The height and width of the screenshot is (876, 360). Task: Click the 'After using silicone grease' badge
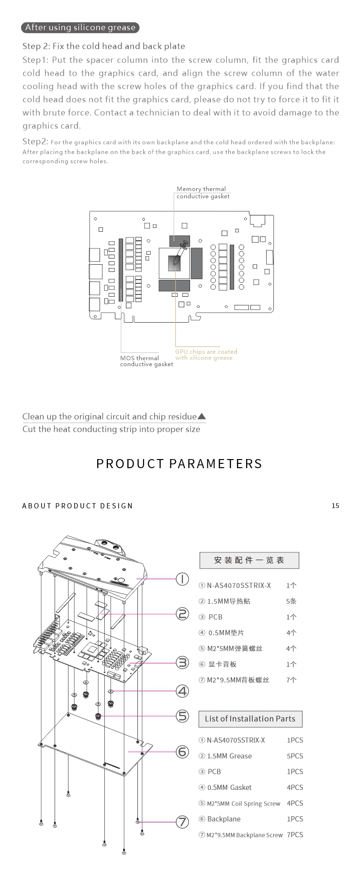(x=80, y=27)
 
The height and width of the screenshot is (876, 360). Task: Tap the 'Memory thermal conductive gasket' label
(x=203, y=192)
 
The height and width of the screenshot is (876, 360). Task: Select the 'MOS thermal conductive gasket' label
(x=146, y=361)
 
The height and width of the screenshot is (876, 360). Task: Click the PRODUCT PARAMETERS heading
(x=180, y=464)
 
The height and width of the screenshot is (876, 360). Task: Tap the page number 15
(x=335, y=505)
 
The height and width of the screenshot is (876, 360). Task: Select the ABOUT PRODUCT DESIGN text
(x=78, y=506)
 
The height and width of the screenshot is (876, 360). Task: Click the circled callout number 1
(x=182, y=579)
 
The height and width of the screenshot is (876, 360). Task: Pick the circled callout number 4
(x=182, y=691)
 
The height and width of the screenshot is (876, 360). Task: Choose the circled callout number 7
(x=182, y=822)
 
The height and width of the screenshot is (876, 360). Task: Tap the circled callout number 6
(x=182, y=752)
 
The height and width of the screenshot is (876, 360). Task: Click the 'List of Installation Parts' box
(x=250, y=719)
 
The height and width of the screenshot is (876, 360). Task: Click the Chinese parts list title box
(x=249, y=560)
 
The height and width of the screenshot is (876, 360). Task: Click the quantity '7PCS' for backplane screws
(x=295, y=835)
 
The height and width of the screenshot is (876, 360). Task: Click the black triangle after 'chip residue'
(x=202, y=416)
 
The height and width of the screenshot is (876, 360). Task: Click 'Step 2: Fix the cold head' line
(x=104, y=46)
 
